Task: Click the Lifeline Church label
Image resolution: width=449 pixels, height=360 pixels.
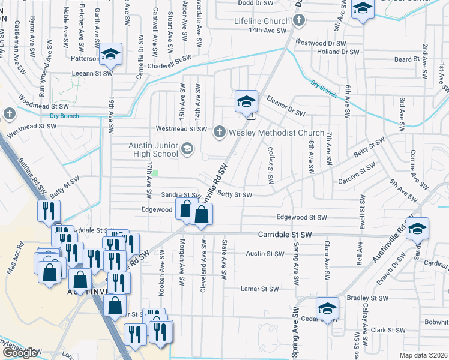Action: pos(262,22)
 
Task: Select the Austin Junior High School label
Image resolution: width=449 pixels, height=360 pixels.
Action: pos(154,149)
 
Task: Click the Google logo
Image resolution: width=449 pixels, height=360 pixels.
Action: pos(20,353)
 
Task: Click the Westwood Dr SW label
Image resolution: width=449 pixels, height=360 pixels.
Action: pos(321,43)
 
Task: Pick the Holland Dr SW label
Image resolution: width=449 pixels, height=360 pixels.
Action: pos(337,52)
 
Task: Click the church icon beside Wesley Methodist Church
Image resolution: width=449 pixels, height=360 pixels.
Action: pos(220,131)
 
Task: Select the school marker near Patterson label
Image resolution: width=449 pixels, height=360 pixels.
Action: pos(110,55)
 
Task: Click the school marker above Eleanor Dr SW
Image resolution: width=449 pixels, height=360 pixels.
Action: pos(246,102)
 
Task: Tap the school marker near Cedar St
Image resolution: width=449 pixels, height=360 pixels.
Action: pos(327,308)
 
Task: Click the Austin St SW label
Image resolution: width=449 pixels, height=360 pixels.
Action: pos(265,254)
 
